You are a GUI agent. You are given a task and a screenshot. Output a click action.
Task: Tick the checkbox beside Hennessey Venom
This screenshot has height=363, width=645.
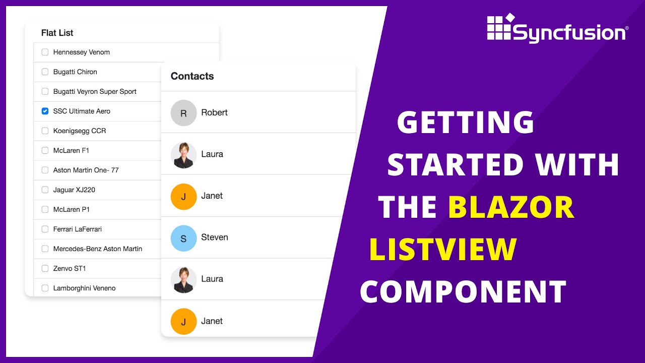pos(45,52)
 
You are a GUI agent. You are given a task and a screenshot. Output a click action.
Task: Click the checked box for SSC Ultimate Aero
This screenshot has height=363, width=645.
pos(45,111)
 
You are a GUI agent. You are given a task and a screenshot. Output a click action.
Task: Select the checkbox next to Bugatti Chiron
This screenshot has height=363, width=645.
pos(45,72)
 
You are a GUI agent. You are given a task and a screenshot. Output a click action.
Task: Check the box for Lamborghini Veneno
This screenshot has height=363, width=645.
pos(45,288)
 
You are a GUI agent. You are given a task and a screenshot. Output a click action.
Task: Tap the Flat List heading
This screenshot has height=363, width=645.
pos(57,33)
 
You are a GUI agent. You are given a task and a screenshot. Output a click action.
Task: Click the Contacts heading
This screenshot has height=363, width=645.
pos(192,76)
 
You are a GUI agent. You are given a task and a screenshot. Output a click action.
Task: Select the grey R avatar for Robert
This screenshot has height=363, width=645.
pos(183,112)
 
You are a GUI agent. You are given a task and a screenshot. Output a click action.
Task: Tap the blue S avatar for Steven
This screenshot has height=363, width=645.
pos(183,237)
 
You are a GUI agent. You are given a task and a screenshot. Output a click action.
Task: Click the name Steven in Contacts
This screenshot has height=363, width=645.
pos(214,237)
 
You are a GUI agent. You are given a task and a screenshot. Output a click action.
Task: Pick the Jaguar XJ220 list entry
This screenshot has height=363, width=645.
pos(74,190)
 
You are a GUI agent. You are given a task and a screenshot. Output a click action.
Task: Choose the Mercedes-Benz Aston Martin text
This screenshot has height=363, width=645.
pos(98,249)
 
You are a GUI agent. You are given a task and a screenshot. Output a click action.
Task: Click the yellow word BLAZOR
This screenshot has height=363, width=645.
pos(511,207)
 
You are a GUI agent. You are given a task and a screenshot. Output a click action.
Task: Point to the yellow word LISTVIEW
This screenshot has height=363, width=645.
pos(443,249)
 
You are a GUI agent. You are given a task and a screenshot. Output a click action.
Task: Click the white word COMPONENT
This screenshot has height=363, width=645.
pos(463,291)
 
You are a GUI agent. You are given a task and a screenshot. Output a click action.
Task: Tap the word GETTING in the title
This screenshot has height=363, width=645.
pos(465,123)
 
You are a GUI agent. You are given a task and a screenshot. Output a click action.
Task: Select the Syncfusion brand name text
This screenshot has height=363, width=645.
pos(569,33)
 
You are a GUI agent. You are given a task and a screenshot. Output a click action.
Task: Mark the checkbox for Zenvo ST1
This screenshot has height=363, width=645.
pos(45,268)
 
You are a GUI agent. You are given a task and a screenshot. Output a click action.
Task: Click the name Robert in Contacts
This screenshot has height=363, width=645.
pos(214,112)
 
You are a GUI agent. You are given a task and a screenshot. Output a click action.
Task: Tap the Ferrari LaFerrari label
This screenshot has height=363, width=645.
pos(78,229)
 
